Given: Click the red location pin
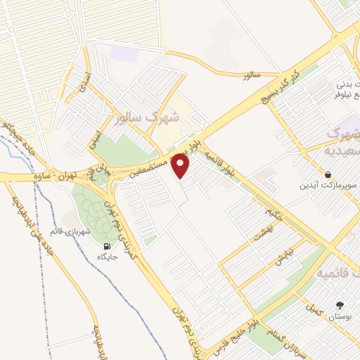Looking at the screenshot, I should pyautogui.click(x=181, y=166).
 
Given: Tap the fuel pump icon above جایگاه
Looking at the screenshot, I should pyautogui.click(x=107, y=246).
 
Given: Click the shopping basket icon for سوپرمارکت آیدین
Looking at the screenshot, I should pyautogui.click(x=328, y=174).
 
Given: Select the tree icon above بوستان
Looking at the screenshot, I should pyautogui.click(x=341, y=305).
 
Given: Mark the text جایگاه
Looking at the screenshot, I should pyautogui.click(x=107, y=257).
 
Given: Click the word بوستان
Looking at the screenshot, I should pyautogui.click(x=339, y=317).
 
